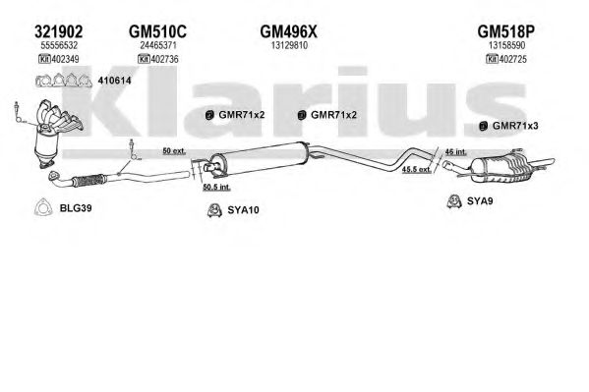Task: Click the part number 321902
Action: [58, 31]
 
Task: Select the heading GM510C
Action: [157, 31]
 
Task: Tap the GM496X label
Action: [288, 31]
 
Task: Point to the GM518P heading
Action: [505, 31]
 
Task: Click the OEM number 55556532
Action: [59, 45]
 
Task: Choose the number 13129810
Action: [289, 45]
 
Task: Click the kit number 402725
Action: [512, 59]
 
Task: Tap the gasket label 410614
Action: [114, 81]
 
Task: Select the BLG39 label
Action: [76, 208]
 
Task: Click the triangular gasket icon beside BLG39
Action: [42, 207]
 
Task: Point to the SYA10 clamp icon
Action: [214, 210]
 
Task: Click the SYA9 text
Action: [480, 200]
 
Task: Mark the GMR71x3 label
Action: [515, 126]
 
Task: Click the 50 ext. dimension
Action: [174, 151]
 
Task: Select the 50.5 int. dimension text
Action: [216, 187]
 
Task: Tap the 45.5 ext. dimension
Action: [417, 169]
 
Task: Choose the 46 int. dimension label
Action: [455, 151]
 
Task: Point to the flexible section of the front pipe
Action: [89, 181]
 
